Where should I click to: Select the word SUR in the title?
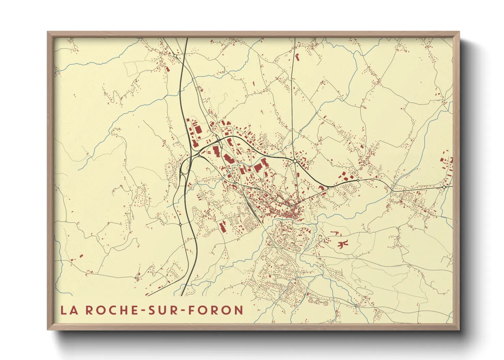click(x=162, y=310)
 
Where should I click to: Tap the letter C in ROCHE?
click(x=108, y=310)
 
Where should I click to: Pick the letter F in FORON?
click(x=192, y=310)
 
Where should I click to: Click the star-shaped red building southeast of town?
click(x=343, y=244)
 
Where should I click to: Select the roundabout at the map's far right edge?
click(x=444, y=187)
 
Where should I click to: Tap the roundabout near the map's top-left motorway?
click(x=175, y=55)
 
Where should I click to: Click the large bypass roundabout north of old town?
click(x=295, y=161)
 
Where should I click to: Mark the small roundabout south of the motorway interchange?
click(x=180, y=225)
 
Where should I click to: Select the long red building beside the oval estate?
click(x=223, y=226)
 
